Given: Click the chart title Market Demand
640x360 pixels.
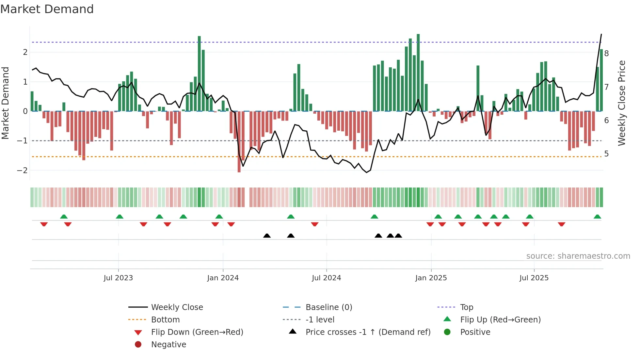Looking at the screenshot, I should click(47, 9).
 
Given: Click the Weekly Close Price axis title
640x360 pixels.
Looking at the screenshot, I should click(622, 103).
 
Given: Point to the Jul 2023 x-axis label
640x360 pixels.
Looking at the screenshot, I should click(118, 278).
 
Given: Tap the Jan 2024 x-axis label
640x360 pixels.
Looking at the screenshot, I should click(223, 278).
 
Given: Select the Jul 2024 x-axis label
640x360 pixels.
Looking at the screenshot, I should click(327, 278).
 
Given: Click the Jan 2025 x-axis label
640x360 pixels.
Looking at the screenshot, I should click(431, 278).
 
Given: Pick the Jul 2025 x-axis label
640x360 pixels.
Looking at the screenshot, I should click(534, 278).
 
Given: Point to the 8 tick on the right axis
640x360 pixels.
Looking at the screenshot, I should click(607, 54).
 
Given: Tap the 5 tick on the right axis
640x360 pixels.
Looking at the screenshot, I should click(607, 154).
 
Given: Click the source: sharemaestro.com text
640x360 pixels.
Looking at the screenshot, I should click(578, 256).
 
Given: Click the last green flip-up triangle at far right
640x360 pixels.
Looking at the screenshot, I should click(597, 217).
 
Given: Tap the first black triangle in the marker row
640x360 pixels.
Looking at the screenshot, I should click(267, 236).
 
